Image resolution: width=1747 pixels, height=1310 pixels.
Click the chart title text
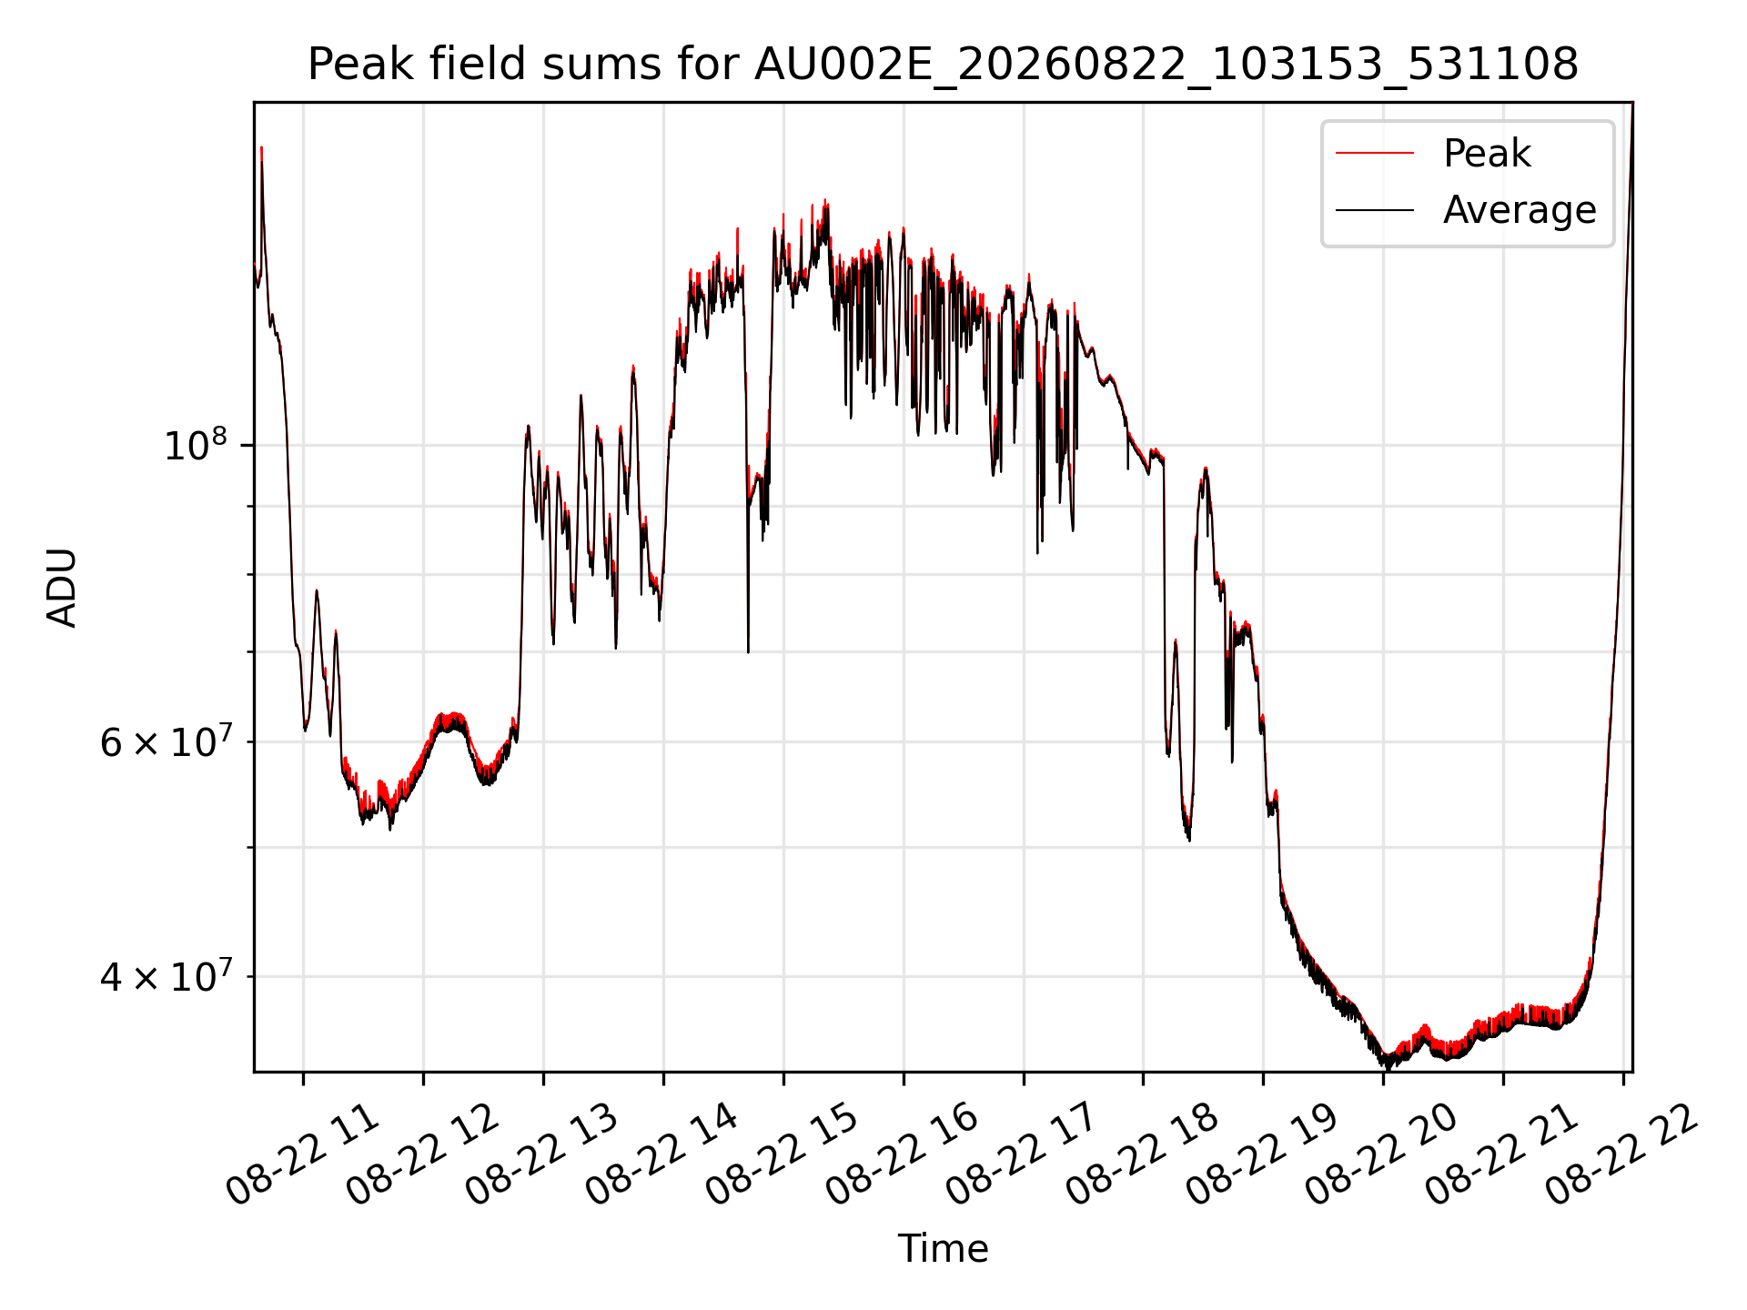[x=943, y=65]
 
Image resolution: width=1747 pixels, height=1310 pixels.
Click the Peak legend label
[x=1487, y=154]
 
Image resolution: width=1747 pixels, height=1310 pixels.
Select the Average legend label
[x=1520, y=210]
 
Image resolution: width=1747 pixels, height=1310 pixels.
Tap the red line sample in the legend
[x=1375, y=154]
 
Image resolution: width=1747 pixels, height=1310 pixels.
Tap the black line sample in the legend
[x=1375, y=210]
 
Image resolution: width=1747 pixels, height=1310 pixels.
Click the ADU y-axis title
[x=62, y=587]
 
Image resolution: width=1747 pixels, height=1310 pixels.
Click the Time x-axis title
[x=943, y=1248]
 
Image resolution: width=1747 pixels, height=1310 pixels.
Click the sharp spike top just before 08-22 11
[x=261, y=147]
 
